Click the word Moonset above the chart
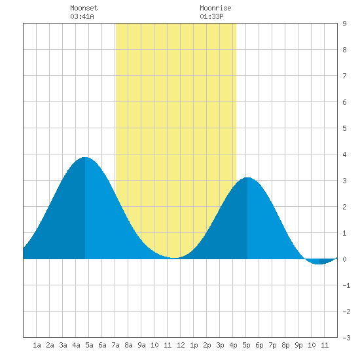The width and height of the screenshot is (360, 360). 84,8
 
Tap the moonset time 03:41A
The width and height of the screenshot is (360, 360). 82,16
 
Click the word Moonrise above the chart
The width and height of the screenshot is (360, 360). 215,8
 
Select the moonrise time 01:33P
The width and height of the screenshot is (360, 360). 211,16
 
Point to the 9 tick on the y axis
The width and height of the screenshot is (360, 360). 344,24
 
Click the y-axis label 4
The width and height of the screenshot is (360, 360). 344,154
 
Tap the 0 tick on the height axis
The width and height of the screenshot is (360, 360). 344,259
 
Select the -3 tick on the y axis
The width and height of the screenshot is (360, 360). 346,338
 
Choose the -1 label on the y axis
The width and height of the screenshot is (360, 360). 346,285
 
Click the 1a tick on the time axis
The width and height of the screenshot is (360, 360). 37,345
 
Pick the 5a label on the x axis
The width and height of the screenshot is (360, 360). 89,345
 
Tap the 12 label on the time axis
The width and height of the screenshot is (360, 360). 181,345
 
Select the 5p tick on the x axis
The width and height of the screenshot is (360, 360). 246,345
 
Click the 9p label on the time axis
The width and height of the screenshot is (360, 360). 298,345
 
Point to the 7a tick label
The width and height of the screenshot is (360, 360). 115,345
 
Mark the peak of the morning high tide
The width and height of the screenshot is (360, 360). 85,157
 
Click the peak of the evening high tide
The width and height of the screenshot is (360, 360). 247,177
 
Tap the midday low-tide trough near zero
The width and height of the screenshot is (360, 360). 174,258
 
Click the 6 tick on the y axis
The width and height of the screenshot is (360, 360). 344,102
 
